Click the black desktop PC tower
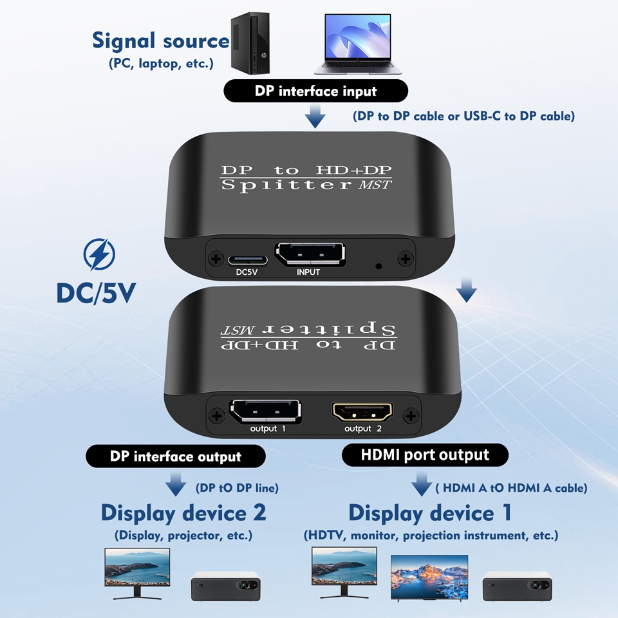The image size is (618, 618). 250,42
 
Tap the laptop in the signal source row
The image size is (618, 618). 358,44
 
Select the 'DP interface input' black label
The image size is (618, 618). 315,91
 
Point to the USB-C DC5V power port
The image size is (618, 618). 248,260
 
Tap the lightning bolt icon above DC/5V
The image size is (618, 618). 99,254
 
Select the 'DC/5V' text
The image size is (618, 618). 96,293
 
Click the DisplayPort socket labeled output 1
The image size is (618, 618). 265,411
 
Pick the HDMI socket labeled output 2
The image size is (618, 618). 362,412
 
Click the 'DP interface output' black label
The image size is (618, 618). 176,456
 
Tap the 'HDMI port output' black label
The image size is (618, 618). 425,455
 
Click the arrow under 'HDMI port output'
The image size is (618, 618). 421,483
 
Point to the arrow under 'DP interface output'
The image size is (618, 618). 175,484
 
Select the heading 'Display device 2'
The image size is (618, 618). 183,513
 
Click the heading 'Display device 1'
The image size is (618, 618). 431,513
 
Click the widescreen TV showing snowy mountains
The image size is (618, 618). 429,578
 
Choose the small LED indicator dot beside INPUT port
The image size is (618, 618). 379,267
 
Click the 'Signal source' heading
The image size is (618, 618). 160,41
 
